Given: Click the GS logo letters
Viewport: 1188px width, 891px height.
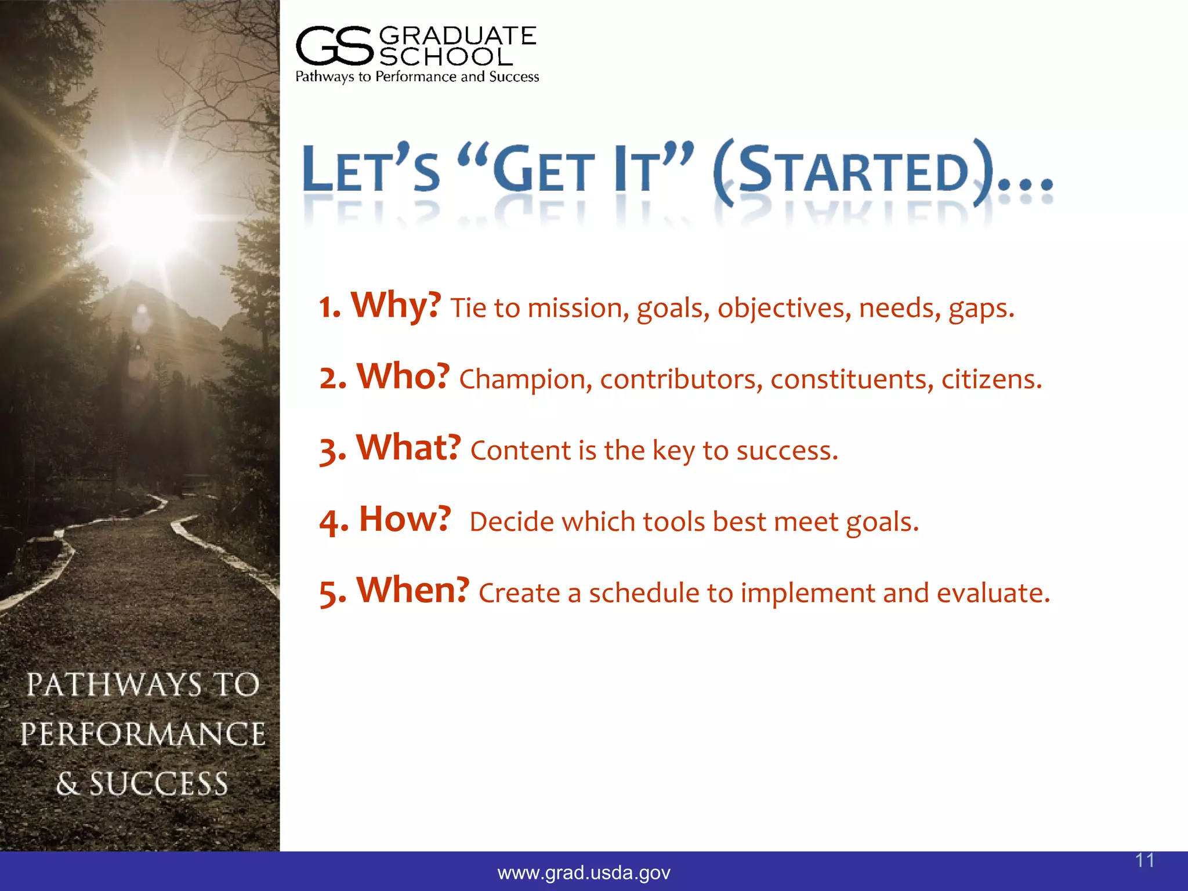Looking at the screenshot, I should point(334,46).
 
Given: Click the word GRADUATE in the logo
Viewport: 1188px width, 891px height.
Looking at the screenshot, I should point(457,36).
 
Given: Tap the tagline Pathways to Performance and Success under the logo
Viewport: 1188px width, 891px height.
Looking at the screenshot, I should point(417,77).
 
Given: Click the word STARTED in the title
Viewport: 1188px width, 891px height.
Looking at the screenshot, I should point(853,171).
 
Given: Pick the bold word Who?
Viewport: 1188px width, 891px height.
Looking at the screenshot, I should point(403,376).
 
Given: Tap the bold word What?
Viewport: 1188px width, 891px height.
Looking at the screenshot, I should point(408,448).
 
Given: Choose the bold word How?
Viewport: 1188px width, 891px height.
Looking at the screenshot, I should point(404,519).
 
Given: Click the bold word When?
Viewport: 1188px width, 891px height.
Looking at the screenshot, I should point(412,591).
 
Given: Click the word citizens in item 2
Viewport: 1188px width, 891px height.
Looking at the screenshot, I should point(991,380).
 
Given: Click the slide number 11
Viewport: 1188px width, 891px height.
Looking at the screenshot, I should point(1144,860).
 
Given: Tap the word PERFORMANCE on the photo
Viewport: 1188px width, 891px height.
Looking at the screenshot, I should point(143,734).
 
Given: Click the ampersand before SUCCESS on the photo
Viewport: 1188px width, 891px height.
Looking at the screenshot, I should point(67,784).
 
